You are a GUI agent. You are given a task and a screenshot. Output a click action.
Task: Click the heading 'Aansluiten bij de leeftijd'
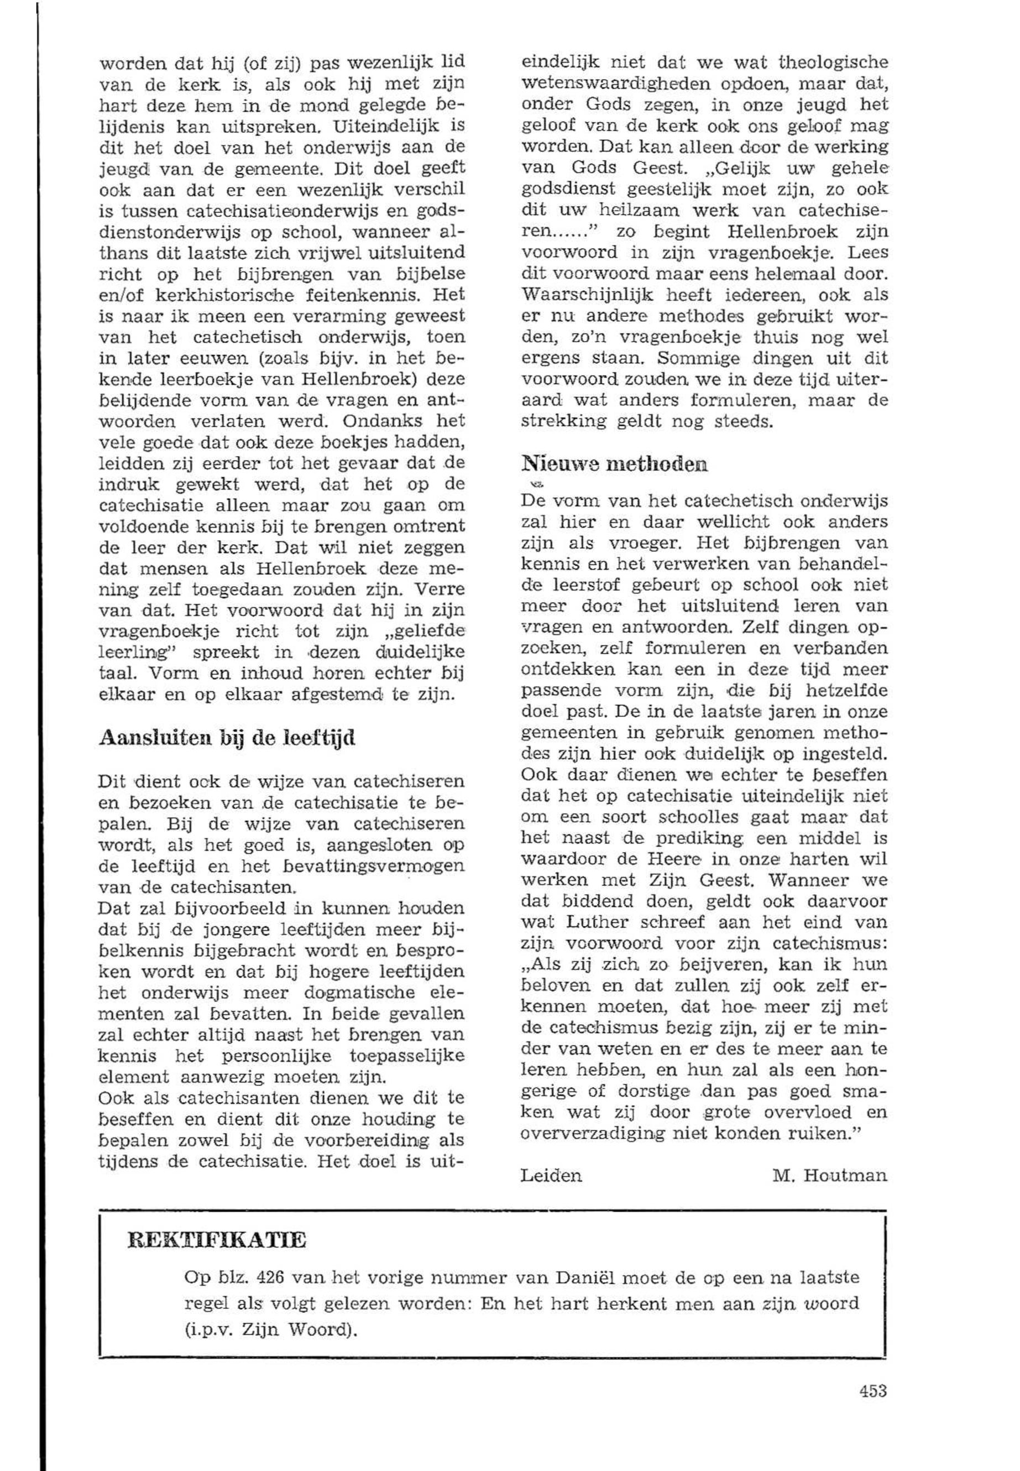[x=227, y=738]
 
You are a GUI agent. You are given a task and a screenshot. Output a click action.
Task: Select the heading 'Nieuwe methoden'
[x=615, y=463]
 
